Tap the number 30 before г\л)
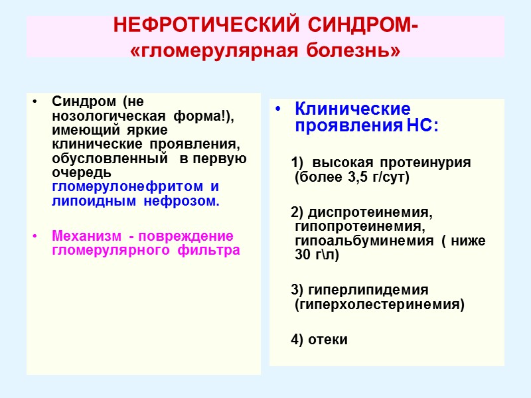coord(303,255)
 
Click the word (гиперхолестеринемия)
coord(379,304)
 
